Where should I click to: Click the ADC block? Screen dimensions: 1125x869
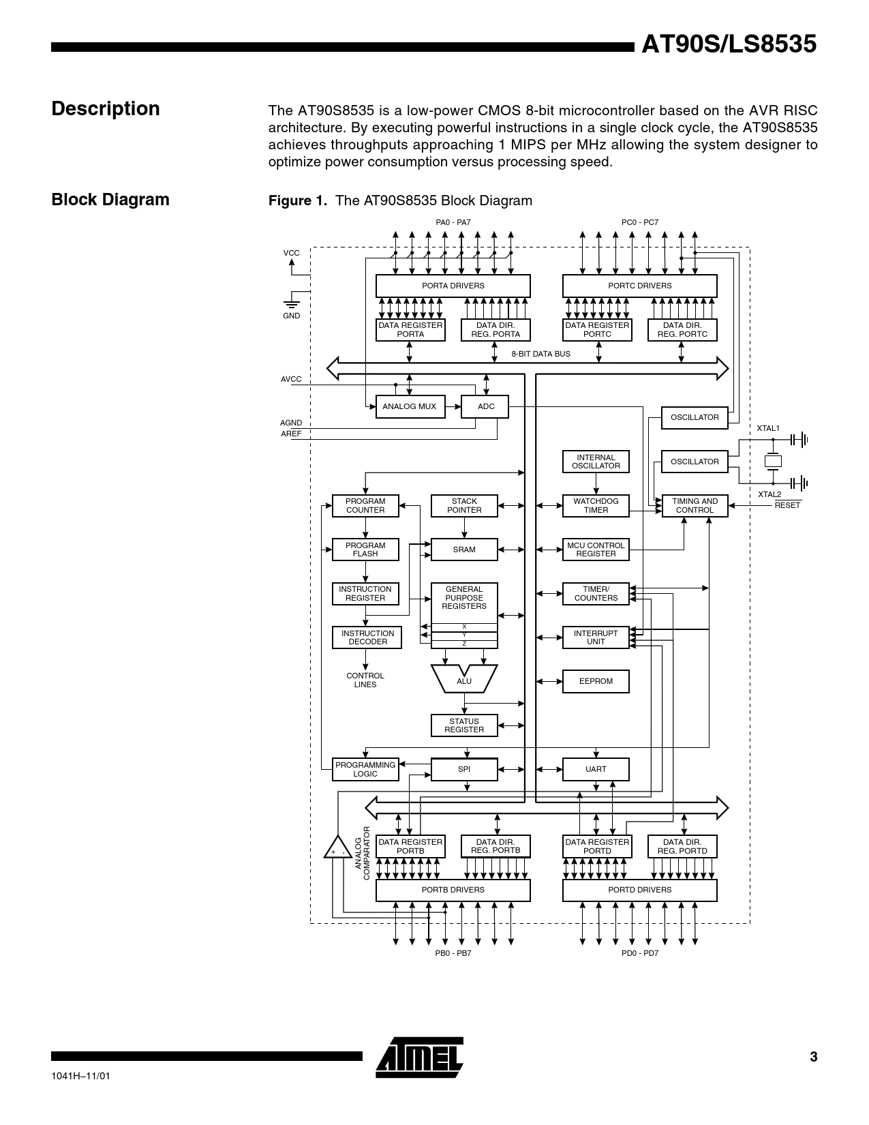[485, 406]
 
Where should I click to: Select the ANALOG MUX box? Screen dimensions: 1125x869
[410, 406]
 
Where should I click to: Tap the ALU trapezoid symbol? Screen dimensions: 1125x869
[464, 679]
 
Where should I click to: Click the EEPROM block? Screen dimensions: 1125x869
[596, 681]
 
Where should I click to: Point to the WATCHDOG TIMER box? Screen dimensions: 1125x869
[596, 505]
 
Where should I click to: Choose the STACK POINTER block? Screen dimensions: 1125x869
[464, 505]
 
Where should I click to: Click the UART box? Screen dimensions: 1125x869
[596, 769]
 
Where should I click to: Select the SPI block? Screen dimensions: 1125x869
[464, 769]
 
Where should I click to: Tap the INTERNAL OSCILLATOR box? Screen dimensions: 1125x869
[596, 462]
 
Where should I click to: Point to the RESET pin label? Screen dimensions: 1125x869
[787, 505]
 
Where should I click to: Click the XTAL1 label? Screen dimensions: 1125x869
[768, 428]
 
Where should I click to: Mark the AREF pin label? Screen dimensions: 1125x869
[291, 434]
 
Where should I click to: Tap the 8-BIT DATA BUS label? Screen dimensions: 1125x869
[540, 354]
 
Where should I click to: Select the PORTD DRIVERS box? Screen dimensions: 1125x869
[639, 890]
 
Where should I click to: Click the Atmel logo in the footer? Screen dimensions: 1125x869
[419, 1057]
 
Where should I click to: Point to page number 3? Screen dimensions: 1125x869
[813, 1057]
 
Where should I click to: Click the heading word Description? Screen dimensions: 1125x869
[106, 109]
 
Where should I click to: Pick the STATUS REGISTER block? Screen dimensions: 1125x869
[464, 725]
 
